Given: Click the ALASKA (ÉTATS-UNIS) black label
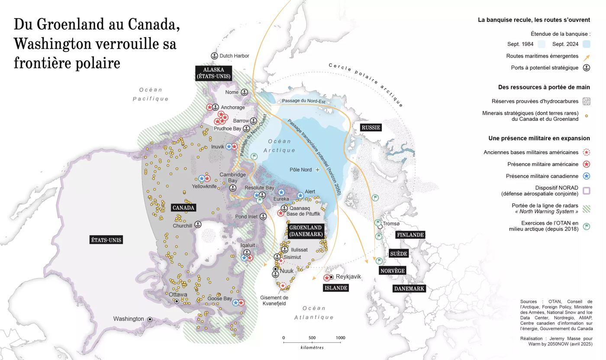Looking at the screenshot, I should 213,73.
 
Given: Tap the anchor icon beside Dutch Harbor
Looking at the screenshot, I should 214,56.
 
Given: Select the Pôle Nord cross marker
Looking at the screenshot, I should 317,170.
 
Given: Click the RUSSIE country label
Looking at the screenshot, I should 371,127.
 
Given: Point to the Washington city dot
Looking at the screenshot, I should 150,319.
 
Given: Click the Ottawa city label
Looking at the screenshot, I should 178,295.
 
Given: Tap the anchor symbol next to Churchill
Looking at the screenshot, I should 198,224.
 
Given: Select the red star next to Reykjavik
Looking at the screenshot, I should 327,278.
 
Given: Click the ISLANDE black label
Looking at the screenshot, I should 336,288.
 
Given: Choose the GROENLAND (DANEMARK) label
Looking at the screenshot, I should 305,231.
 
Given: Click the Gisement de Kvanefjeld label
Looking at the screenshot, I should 274,301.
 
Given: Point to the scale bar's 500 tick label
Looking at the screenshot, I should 312,338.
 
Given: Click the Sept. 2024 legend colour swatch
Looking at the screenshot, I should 587,44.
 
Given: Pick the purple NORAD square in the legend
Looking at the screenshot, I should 587,191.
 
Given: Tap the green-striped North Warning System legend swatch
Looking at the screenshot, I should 587,208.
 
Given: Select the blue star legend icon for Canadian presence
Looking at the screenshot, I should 587,176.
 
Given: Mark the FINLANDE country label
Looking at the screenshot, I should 409,235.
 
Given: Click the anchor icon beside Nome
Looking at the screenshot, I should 244,92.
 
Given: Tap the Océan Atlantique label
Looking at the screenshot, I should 314,313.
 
